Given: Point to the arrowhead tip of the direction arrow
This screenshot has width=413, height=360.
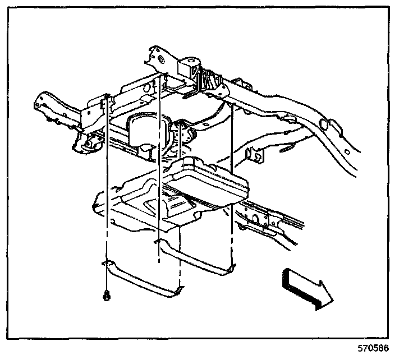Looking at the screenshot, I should pyautogui.click(x=332, y=294).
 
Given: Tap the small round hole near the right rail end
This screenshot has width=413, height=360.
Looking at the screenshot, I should pyautogui.click(x=349, y=150).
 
